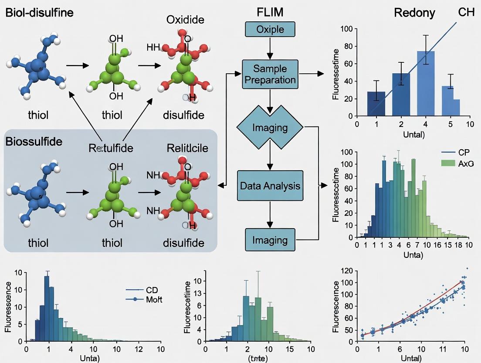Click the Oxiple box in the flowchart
click(x=270, y=29)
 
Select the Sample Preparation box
click(x=270, y=75)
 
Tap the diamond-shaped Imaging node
click(x=270, y=128)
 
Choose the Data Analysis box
click(x=270, y=186)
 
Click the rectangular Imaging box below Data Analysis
click(x=270, y=240)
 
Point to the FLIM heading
click(x=270, y=12)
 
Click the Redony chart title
click(x=414, y=13)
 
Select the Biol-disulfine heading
click(x=40, y=12)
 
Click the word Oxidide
click(x=185, y=20)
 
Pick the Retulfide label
click(x=111, y=148)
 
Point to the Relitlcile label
click(x=187, y=148)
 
